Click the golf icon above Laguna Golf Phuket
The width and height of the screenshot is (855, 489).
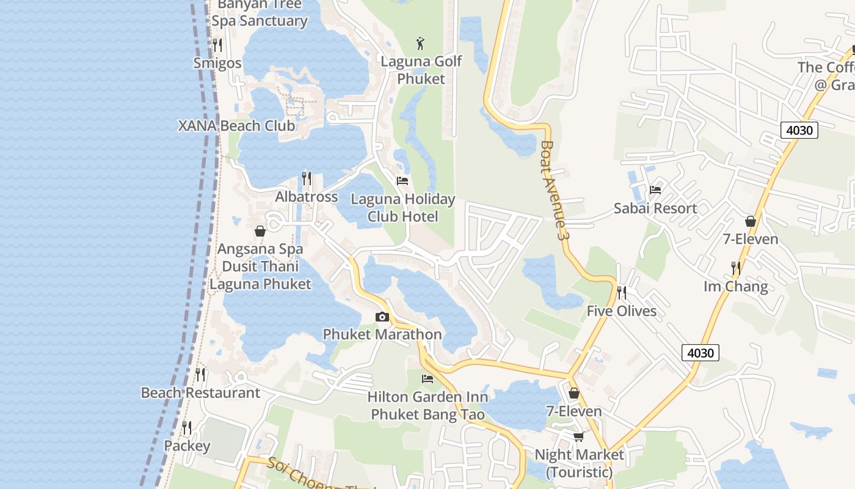click(x=420, y=43)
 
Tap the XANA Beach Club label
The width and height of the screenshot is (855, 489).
click(x=236, y=126)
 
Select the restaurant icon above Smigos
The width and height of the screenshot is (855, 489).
click(x=216, y=45)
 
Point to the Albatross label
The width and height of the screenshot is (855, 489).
click(x=307, y=197)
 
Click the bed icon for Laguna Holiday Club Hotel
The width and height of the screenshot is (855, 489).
click(x=402, y=181)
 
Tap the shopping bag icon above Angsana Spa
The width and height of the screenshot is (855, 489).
click(x=260, y=232)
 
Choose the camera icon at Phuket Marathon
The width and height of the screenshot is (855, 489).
click(x=382, y=317)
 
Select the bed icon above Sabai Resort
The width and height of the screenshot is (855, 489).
click(x=655, y=190)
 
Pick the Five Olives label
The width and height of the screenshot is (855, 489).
click(x=622, y=311)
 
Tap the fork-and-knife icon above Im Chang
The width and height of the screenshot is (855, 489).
click(x=736, y=268)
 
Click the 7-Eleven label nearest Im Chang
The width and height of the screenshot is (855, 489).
click(x=751, y=239)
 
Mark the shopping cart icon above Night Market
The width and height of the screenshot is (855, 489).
click(x=578, y=436)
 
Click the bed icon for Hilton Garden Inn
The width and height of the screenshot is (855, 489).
click(x=428, y=379)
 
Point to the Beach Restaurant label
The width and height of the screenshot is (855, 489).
click(x=200, y=393)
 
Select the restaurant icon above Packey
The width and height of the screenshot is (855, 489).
click(x=187, y=428)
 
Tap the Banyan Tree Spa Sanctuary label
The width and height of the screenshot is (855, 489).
click(x=260, y=13)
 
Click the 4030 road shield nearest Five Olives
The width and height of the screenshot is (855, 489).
click(x=700, y=353)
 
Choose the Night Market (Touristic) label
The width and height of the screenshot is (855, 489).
click(x=579, y=463)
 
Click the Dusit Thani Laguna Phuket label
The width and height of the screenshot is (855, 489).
click(x=260, y=275)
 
